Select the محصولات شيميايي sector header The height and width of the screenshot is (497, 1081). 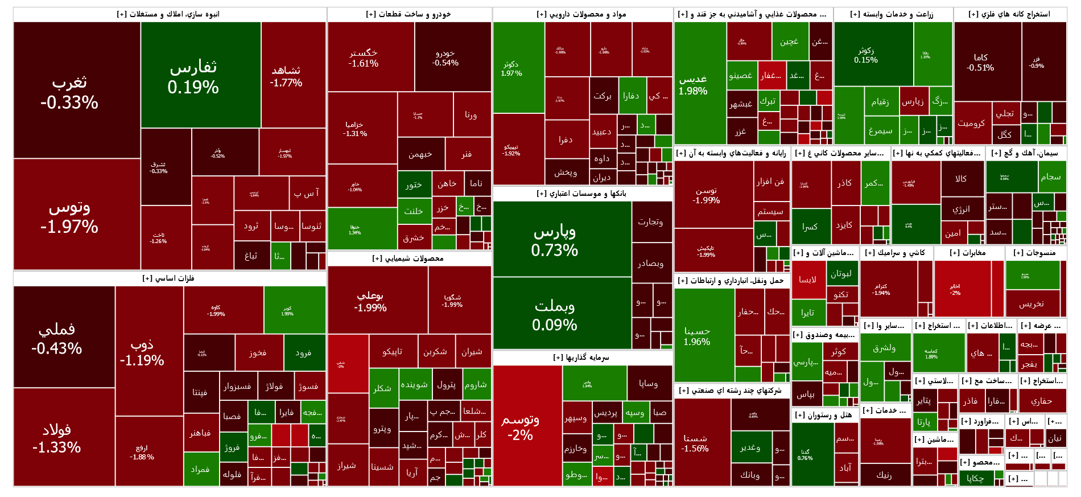coord(409,258)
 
